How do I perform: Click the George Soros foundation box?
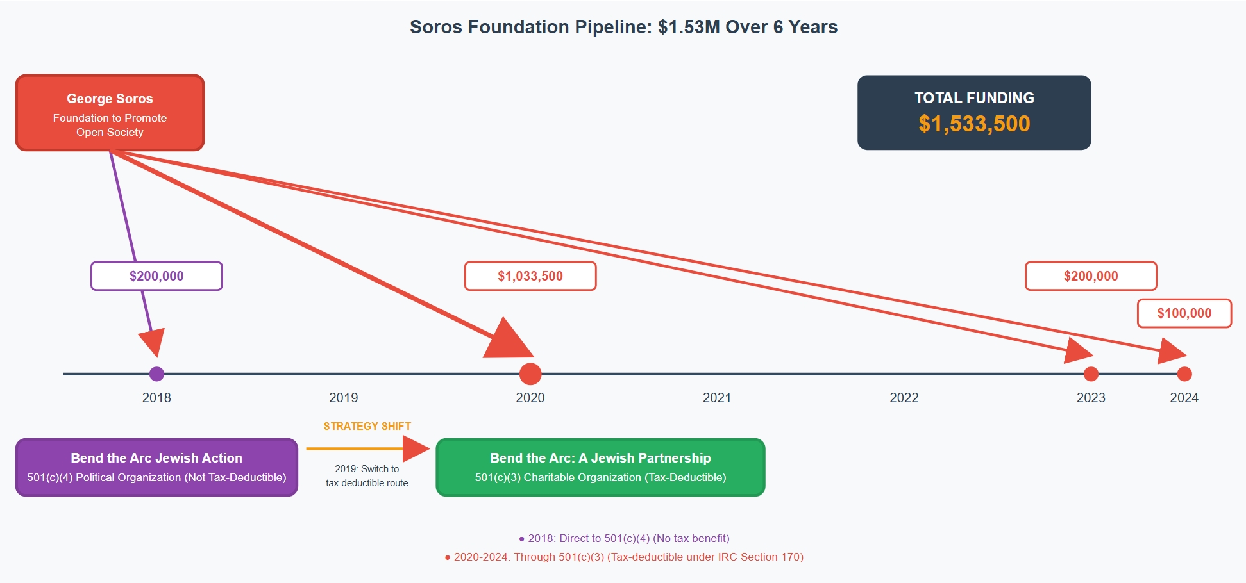(x=110, y=113)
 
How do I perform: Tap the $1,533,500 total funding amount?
(x=974, y=124)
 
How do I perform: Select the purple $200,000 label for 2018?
(x=156, y=276)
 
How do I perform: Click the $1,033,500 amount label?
(x=530, y=276)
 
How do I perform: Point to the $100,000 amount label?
(x=1184, y=313)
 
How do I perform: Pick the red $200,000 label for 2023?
(x=1090, y=276)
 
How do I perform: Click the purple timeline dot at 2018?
(x=156, y=374)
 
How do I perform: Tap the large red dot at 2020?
(x=530, y=374)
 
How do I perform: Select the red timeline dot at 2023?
(x=1091, y=374)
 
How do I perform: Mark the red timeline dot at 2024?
(x=1184, y=374)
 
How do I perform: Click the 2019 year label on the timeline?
(x=343, y=398)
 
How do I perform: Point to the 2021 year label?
(x=717, y=398)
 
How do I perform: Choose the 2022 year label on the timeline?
(x=904, y=398)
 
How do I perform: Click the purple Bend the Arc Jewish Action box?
(x=156, y=467)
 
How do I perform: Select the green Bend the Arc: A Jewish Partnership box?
(x=600, y=467)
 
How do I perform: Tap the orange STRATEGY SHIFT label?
(x=367, y=426)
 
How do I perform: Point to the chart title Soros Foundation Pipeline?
(x=623, y=27)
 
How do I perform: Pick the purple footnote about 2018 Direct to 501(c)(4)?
(x=624, y=538)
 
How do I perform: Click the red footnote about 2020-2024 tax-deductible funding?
(x=624, y=557)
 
